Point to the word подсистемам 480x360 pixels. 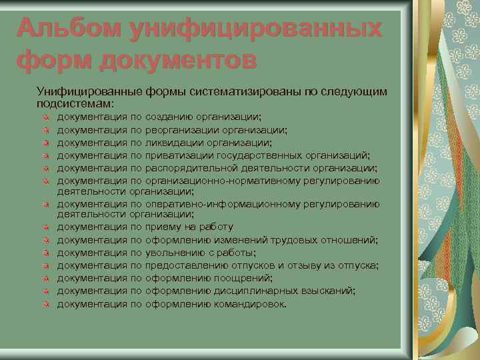[75, 103]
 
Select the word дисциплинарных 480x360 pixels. [247, 291]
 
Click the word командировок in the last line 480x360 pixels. [249, 303]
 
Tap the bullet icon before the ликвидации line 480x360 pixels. [45, 143]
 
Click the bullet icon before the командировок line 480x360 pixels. [45, 304]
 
